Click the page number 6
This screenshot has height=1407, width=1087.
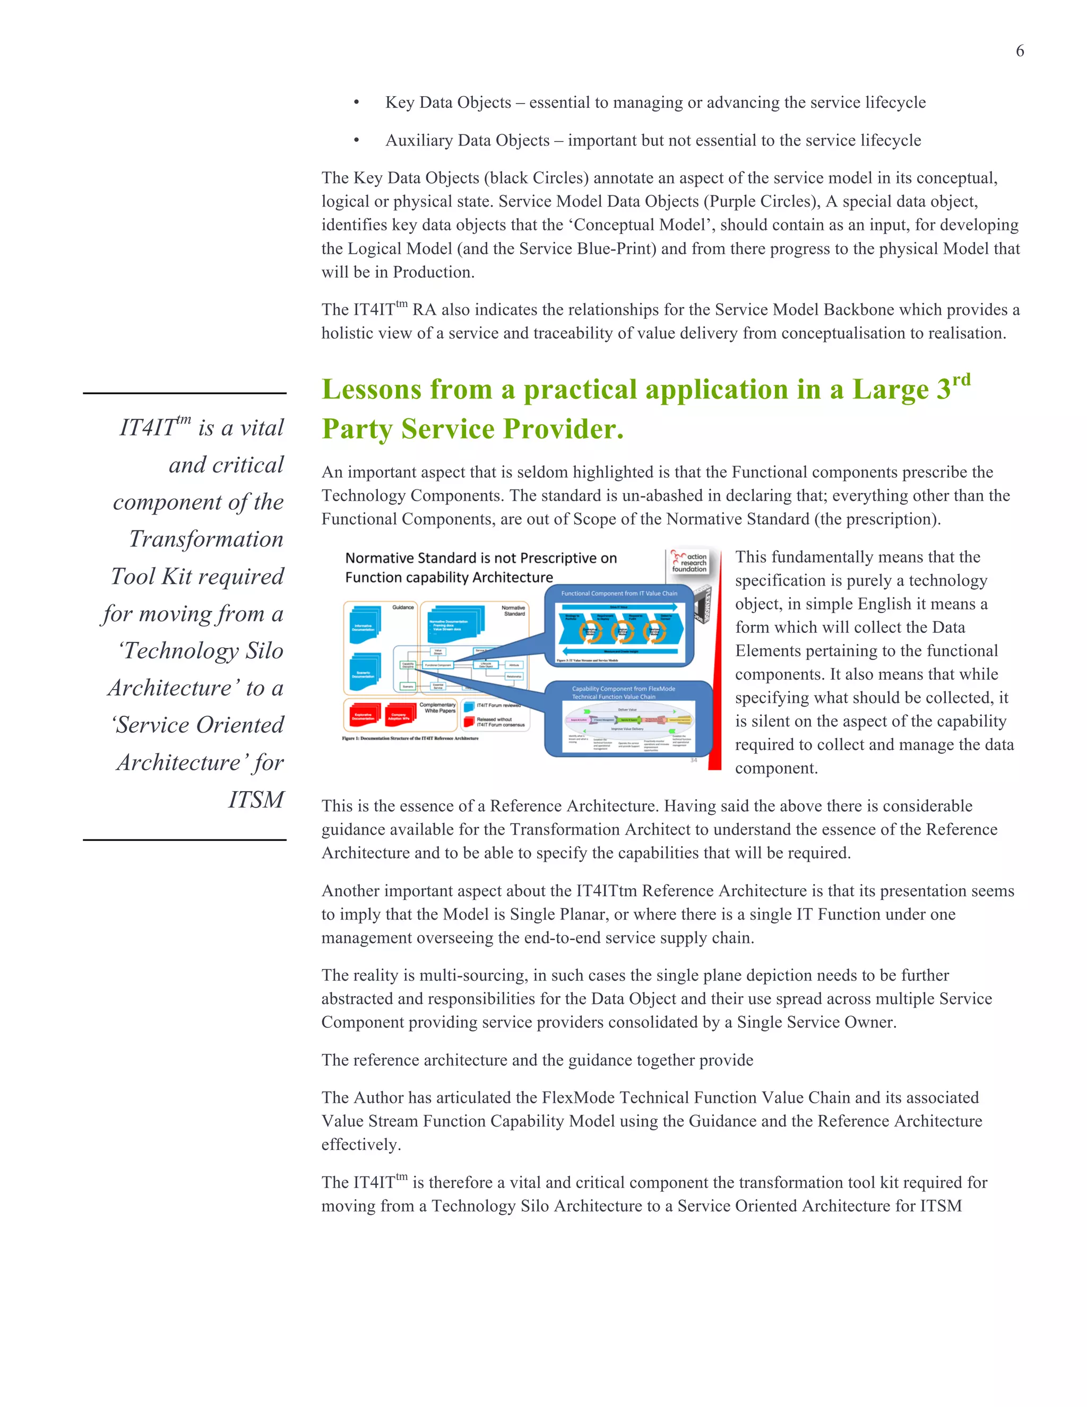click(x=1020, y=51)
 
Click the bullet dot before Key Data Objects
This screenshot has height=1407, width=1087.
click(x=356, y=103)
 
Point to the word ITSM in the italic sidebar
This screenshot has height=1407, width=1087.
click(x=256, y=800)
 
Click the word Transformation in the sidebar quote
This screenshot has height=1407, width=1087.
click(x=206, y=538)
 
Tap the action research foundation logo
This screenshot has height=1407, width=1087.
click(x=689, y=562)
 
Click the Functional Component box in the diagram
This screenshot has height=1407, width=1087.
click(x=438, y=665)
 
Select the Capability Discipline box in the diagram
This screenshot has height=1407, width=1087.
click(x=408, y=665)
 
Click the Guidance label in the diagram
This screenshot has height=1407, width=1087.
click(x=403, y=607)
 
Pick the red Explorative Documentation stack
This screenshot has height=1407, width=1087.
click(x=363, y=715)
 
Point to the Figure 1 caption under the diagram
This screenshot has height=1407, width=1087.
click(x=410, y=739)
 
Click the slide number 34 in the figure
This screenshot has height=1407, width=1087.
click(x=694, y=760)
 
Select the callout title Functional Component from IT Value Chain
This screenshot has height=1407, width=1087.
click(x=619, y=594)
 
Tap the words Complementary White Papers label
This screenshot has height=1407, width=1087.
click(x=437, y=707)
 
